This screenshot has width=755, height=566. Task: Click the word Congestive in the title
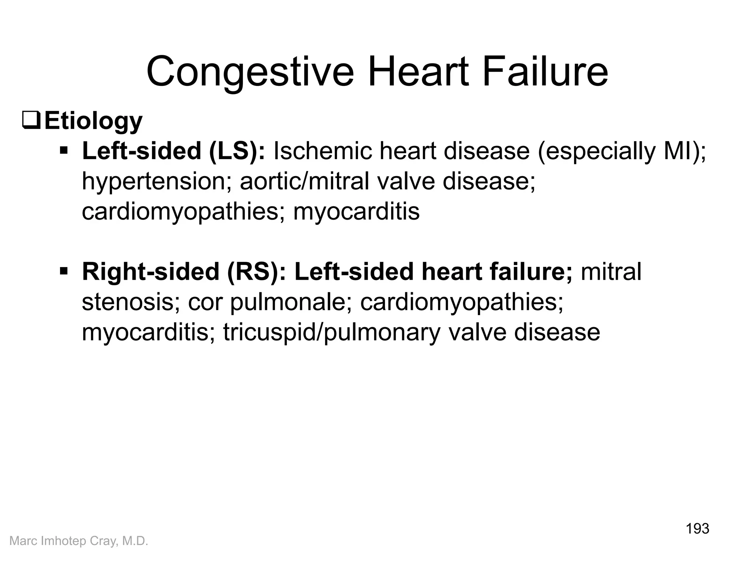coord(250,72)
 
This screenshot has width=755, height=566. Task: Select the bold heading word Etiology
coord(93,121)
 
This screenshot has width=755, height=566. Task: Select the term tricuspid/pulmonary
coord(332,332)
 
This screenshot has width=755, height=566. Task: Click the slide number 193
coord(697,529)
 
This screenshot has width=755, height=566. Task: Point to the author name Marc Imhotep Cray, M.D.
coord(79,541)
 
